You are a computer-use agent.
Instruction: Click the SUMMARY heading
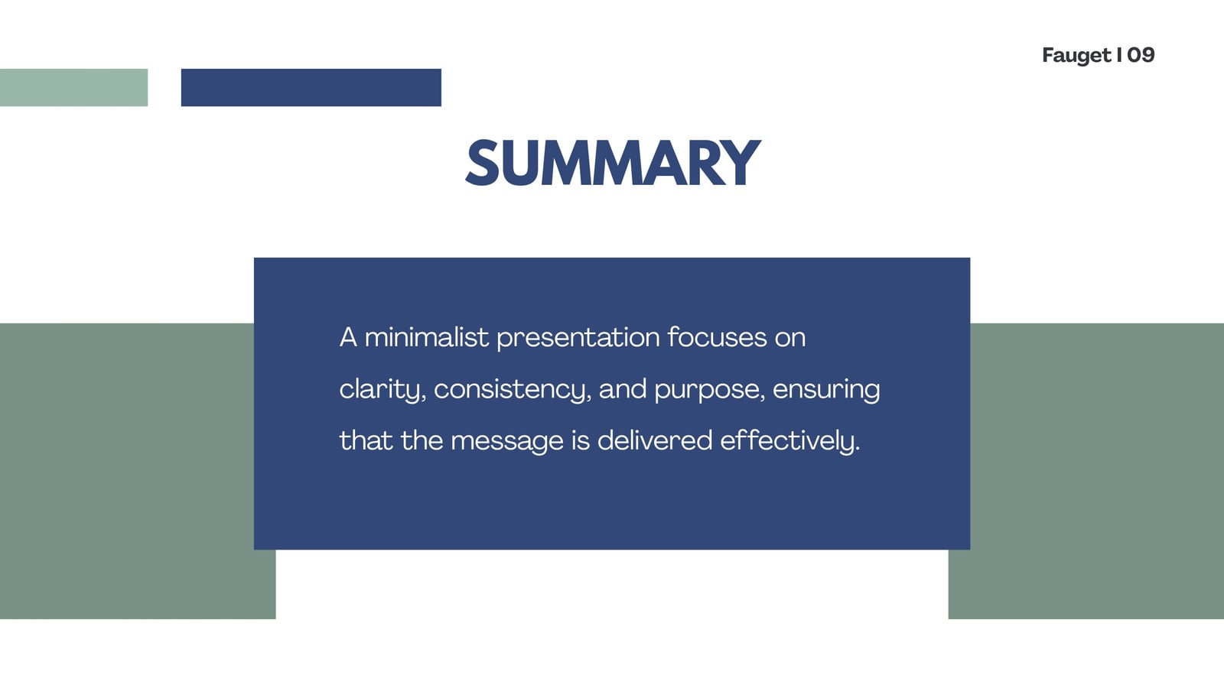[x=613, y=162]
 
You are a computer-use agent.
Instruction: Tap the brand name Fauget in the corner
[x=1076, y=55]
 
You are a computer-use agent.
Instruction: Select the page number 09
[x=1141, y=54]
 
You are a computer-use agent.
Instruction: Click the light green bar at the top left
[x=73, y=87]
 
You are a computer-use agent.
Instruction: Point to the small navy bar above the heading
[x=311, y=87]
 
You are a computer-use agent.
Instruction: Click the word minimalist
[x=426, y=337]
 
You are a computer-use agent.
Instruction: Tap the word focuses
[x=717, y=337]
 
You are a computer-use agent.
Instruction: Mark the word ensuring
[x=826, y=390]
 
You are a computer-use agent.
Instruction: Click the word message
[x=506, y=441]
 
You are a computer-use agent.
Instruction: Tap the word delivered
[x=655, y=440]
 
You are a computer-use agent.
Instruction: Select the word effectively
[x=790, y=441]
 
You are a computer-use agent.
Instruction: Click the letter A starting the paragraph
[x=348, y=337]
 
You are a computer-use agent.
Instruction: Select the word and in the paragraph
[x=623, y=389]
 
